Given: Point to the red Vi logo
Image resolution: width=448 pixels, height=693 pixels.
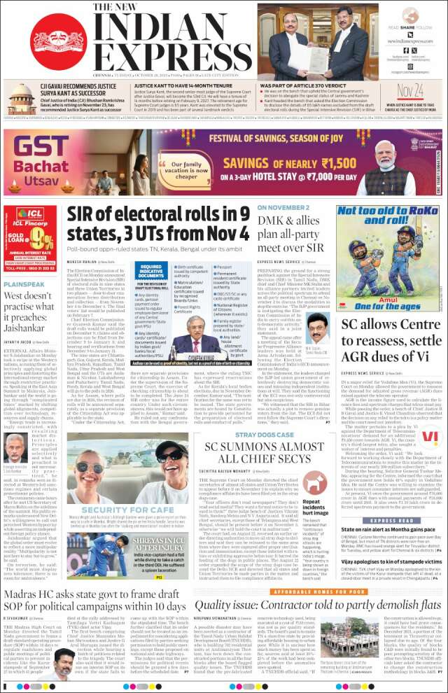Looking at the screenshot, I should tap(429, 437).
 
